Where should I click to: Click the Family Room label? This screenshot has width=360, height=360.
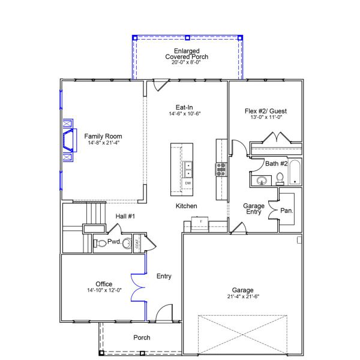tap(103, 136)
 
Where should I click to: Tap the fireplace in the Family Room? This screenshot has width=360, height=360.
tap(70, 139)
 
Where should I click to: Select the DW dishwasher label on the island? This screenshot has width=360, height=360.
tap(188, 183)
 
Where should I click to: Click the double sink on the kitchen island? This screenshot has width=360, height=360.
tap(188, 169)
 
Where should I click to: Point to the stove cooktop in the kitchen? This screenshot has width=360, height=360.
tap(221, 169)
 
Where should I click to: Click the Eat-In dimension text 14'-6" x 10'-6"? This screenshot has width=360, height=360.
tap(184, 113)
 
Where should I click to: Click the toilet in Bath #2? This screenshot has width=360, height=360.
tap(280, 178)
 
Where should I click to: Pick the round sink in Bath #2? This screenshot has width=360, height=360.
tap(262, 180)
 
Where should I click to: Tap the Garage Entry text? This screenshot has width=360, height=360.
tap(254, 209)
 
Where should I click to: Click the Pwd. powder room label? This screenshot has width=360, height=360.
tap(115, 242)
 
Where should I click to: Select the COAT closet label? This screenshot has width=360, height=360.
tap(137, 243)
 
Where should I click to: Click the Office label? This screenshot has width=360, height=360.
tap(104, 284)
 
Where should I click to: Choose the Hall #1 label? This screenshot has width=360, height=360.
tap(125, 216)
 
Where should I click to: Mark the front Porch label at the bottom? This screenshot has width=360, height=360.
tap(142, 338)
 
